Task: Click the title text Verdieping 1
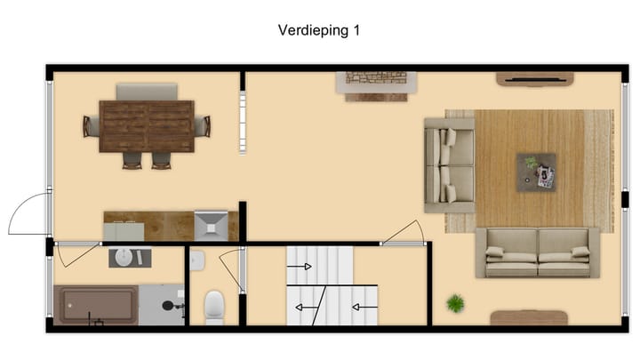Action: coord(319,30)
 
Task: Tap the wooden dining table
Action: coord(147,126)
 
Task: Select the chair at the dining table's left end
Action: coord(91,126)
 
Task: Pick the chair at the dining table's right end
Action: coord(203,126)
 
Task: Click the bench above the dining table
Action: coord(147,91)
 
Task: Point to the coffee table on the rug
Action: coord(537,172)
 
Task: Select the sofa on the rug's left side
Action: coord(449,165)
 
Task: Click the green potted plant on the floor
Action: coord(455,303)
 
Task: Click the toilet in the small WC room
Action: coord(214,308)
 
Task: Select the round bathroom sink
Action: coord(129,258)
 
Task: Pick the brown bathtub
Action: coord(97,305)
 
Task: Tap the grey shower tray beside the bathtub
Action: coord(162,305)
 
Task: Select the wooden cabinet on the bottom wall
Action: coord(528,317)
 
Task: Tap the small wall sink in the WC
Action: coord(197,260)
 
